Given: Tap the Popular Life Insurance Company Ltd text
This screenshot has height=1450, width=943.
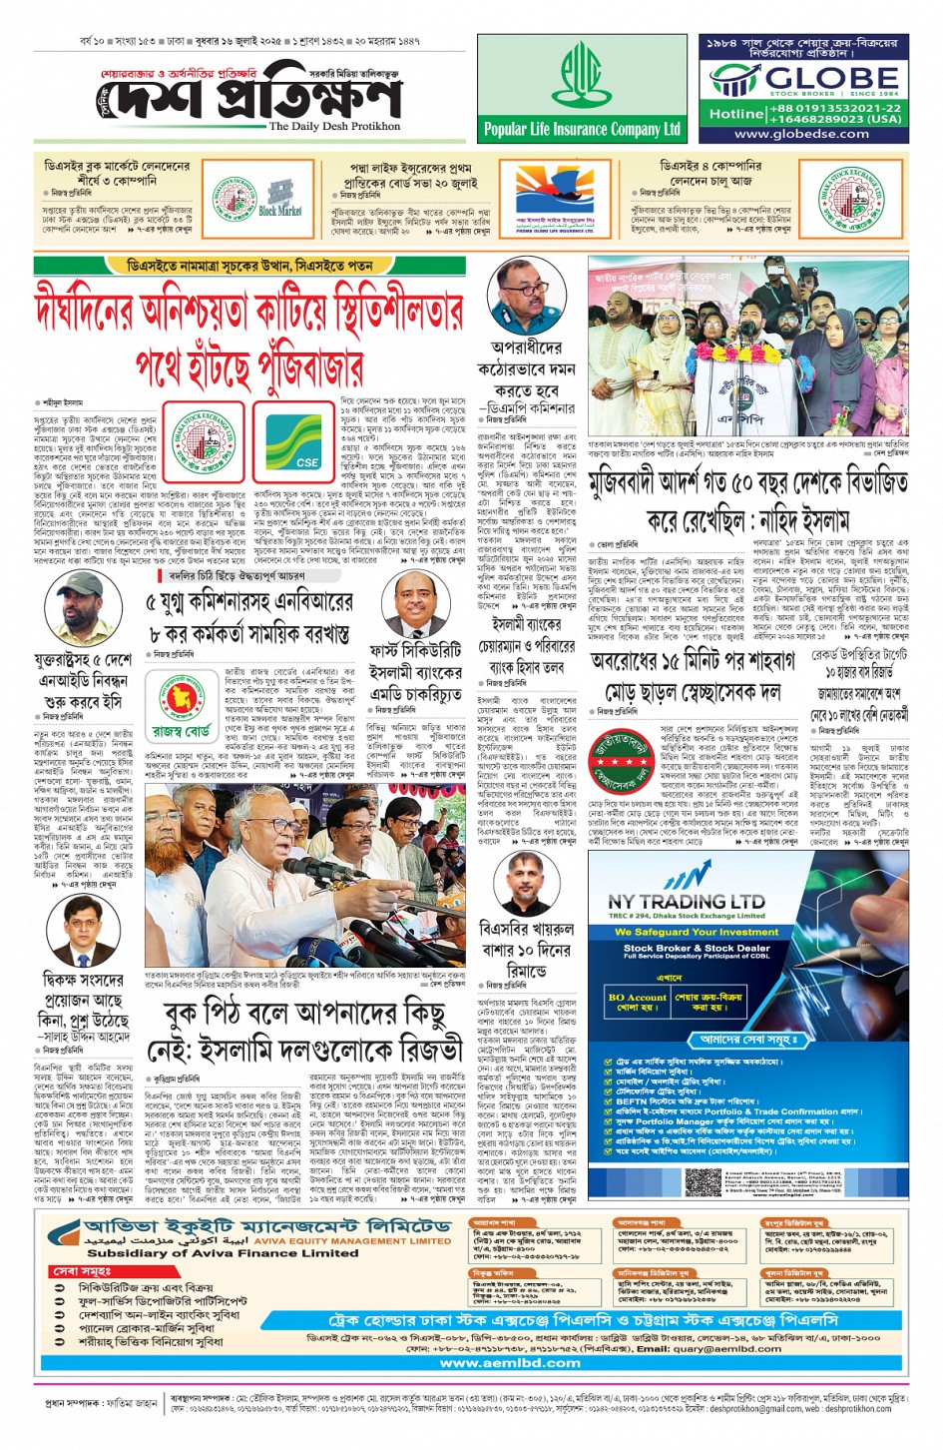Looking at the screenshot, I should click(x=582, y=129).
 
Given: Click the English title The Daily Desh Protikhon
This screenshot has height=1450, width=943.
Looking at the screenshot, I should click(x=334, y=127).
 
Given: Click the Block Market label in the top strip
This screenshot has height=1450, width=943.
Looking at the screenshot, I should click(x=280, y=212).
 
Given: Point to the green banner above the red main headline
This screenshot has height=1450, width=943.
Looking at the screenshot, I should click(x=249, y=266).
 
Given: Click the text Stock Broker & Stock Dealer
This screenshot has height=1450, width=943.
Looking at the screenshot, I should click(x=696, y=948).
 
